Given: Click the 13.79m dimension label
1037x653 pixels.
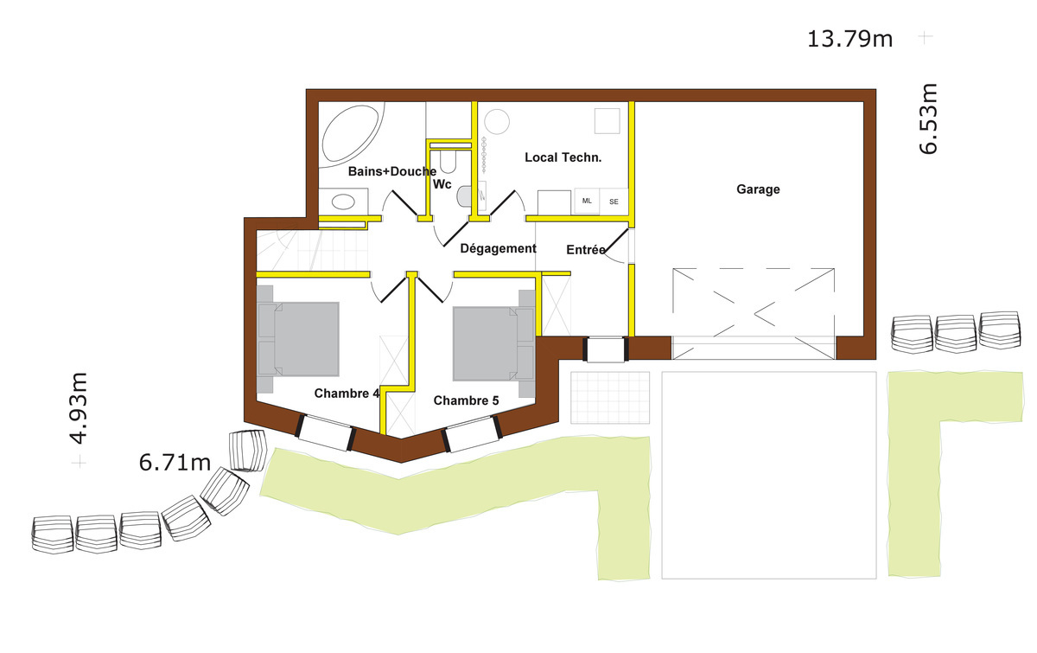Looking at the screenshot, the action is (x=849, y=39).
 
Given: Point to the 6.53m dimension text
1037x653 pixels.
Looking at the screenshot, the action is (x=928, y=118).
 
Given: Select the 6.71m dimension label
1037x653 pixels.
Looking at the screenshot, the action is (x=175, y=463).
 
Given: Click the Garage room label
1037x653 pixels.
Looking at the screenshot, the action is (x=759, y=189).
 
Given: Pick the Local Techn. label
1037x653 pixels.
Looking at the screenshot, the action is (x=563, y=157).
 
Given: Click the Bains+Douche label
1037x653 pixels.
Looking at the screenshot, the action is (x=392, y=171).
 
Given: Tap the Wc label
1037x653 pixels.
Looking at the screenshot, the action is (x=442, y=184).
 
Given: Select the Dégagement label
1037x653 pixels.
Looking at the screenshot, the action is (x=498, y=249).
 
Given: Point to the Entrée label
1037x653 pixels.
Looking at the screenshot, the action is (x=586, y=250).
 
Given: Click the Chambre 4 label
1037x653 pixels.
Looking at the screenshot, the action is (x=347, y=394).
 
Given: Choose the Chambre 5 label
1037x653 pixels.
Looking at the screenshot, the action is (x=466, y=400).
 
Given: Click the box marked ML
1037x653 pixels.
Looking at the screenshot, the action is (x=587, y=201).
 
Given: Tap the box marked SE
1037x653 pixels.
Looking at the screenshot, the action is (x=614, y=202).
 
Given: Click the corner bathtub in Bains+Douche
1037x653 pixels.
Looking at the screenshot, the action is (x=351, y=134).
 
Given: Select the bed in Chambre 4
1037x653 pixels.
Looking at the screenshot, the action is (x=298, y=339).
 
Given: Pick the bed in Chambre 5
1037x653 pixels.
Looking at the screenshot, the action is (x=494, y=343).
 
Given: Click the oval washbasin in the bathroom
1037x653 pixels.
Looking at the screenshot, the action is (x=343, y=202).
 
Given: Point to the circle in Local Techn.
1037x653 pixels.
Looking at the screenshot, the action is (x=497, y=122).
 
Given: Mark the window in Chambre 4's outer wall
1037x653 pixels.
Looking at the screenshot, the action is (x=326, y=432).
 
